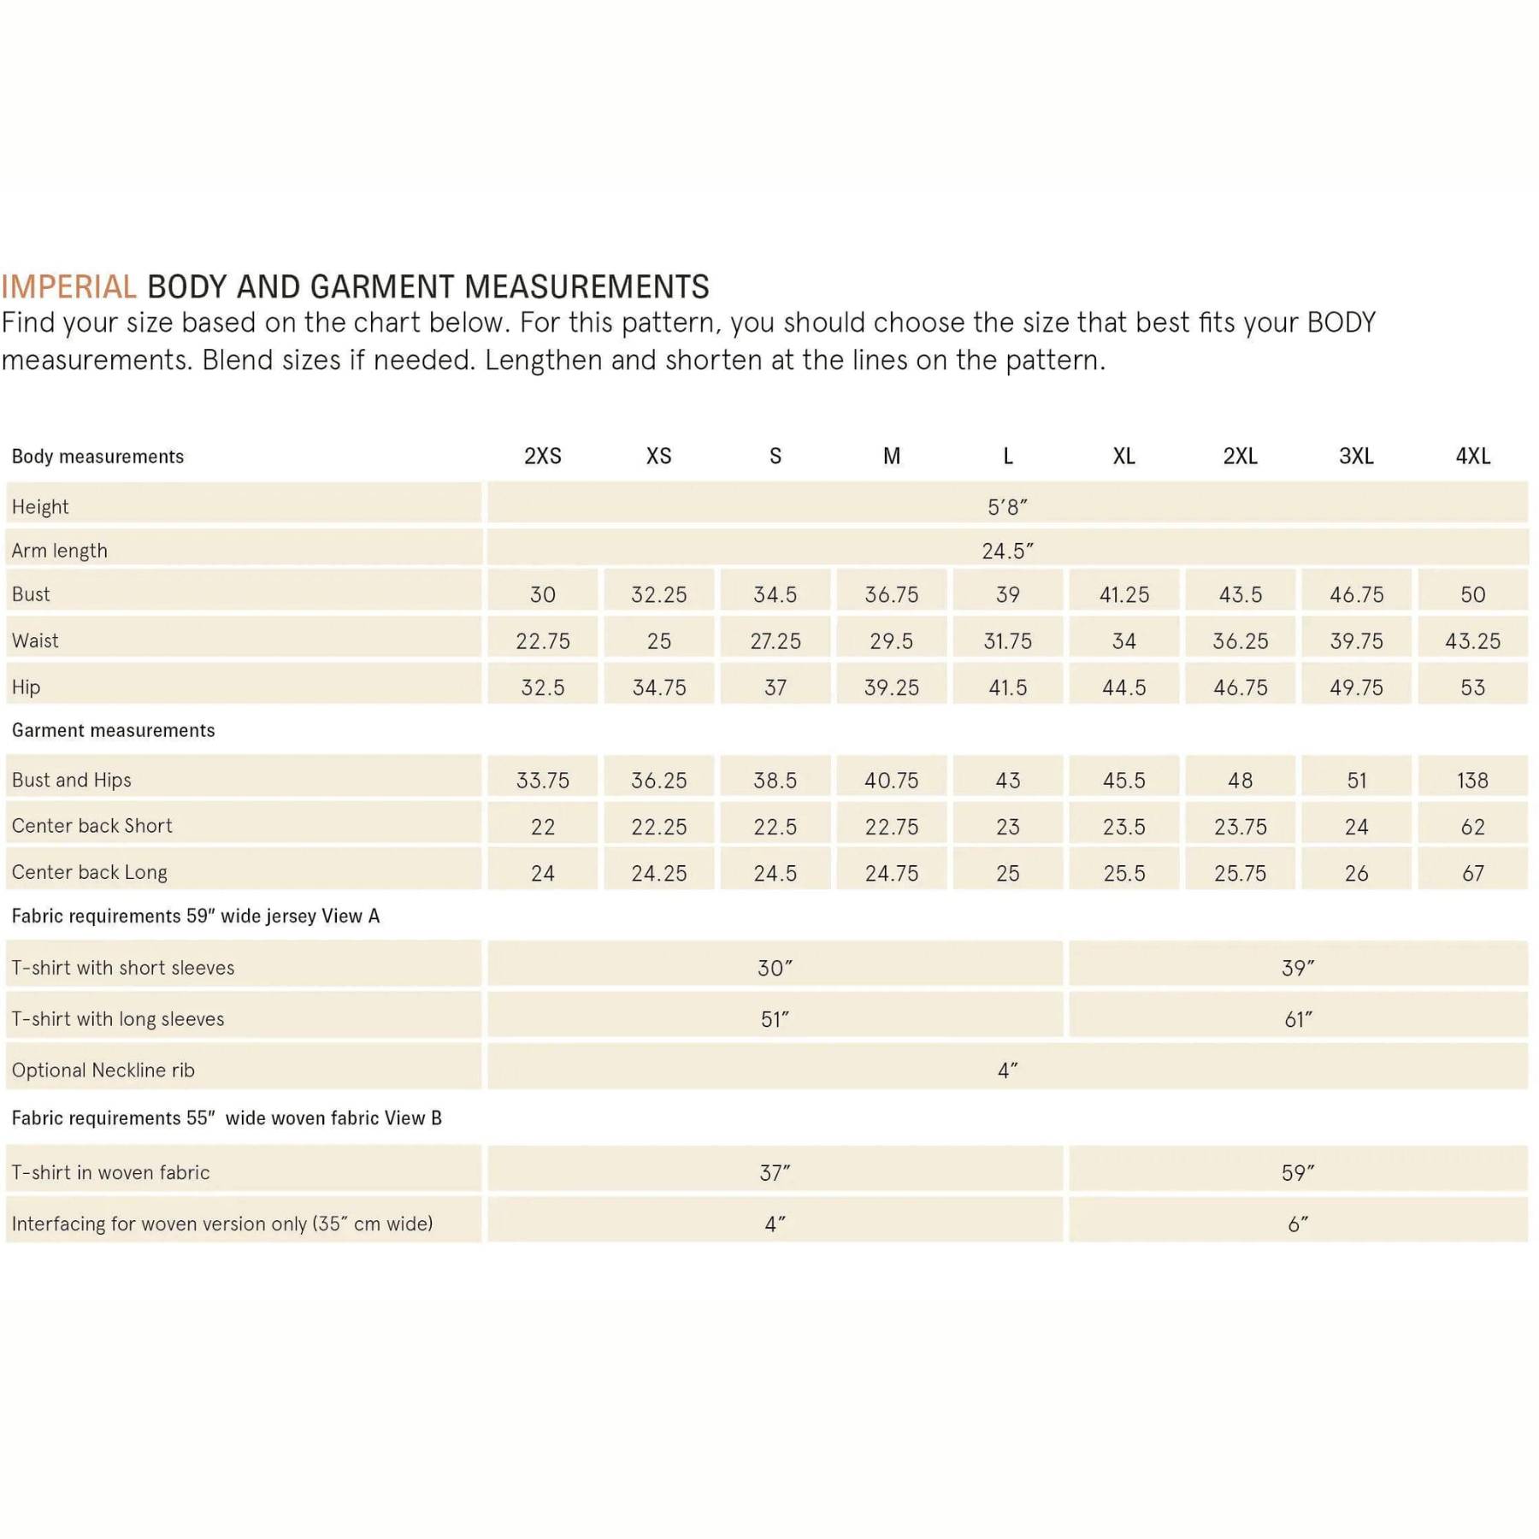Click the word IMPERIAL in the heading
click(x=68, y=287)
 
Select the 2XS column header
click(x=543, y=457)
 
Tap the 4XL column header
click(x=1472, y=457)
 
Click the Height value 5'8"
click(x=1007, y=507)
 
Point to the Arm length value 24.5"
click(x=1007, y=551)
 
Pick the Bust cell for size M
click(x=891, y=595)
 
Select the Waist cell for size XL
click(x=1123, y=641)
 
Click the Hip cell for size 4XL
click(x=1472, y=687)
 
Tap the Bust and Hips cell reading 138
click(x=1472, y=781)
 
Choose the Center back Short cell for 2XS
click(x=543, y=827)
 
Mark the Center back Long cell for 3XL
click(x=1356, y=873)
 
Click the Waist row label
click(x=35, y=641)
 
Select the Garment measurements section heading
click(x=113, y=731)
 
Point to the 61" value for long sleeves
click(x=1298, y=1019)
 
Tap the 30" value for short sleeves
click(x=775, y=968)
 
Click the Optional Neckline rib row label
click(x=103, y=1070)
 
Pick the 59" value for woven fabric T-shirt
click(x=1298, y=1173)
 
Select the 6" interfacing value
click(x=1298, y=1224)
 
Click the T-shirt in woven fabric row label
click(x=110, y=1173)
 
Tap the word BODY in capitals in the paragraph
click(x=1341, y=323)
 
